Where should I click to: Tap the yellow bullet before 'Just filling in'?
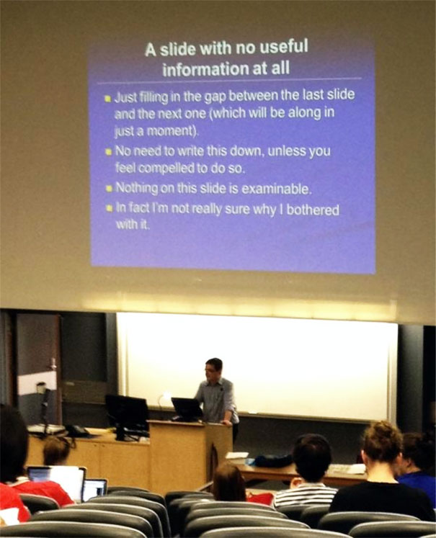click(x=107, y=97)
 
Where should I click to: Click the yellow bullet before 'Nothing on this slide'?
click(x=107, y=189)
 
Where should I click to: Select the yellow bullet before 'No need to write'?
click(x=107, y=153)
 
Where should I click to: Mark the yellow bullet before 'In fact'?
click(x=107, y=210)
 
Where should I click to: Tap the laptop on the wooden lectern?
click(x=187, y=408)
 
